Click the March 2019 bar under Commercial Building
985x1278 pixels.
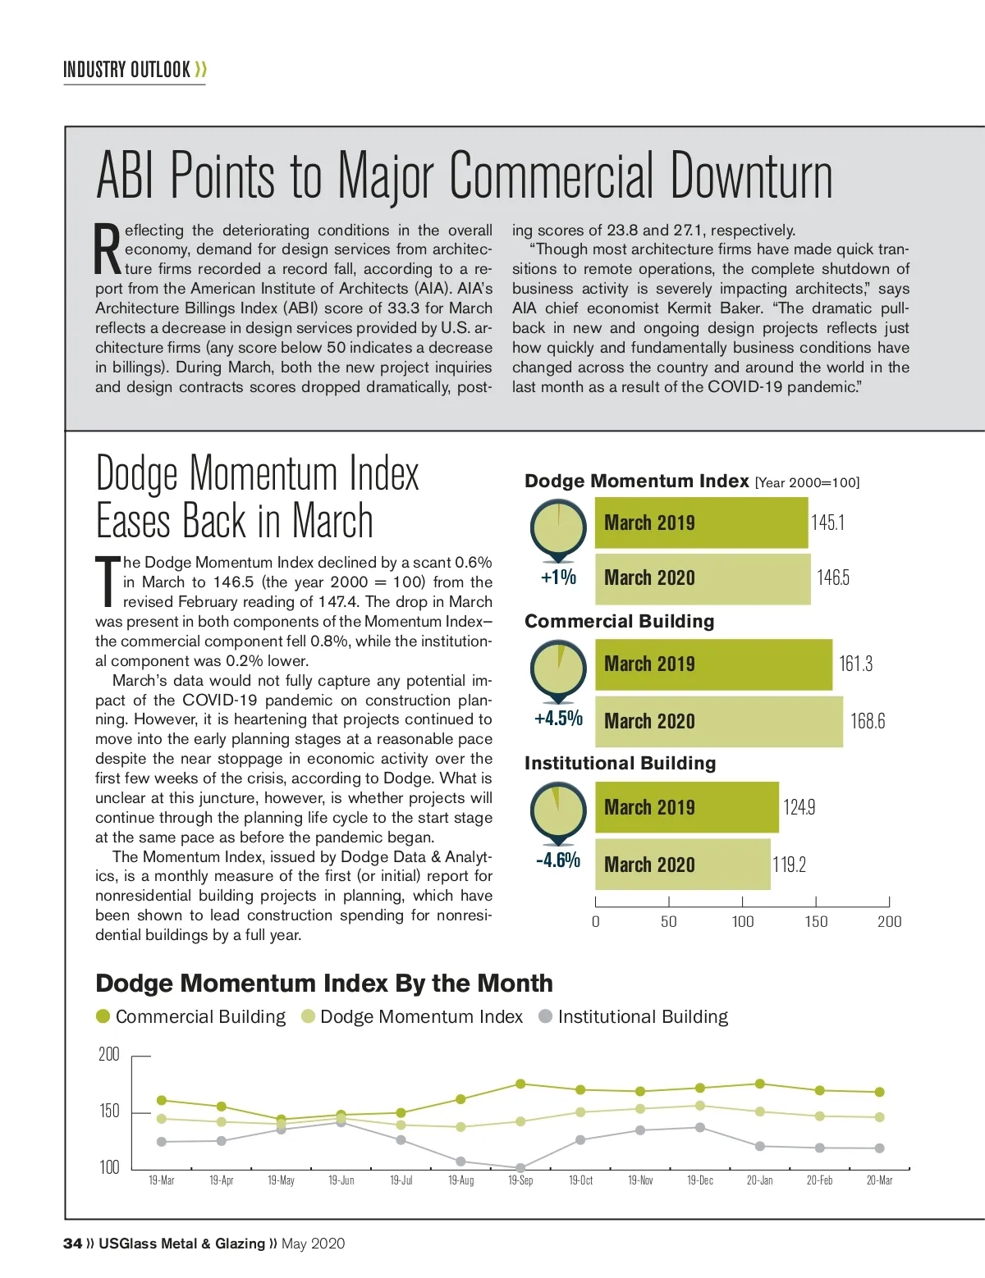712,664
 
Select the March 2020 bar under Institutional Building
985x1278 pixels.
682,865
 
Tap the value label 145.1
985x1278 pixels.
827,523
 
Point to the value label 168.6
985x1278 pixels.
868,721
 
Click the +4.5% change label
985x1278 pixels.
558,719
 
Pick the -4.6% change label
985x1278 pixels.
558,860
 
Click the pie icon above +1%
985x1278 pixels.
558,526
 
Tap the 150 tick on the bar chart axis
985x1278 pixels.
816,921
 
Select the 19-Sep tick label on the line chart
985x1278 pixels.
520,1180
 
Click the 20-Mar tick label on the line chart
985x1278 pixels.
879,1180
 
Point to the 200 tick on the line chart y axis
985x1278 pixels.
109,1054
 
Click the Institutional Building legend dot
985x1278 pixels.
545,1016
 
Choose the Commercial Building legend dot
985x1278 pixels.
103,1016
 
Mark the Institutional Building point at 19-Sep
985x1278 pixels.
520,1167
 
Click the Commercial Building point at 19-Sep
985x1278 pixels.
520,1084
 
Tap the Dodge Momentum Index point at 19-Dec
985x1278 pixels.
700,1106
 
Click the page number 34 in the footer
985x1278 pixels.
72,1244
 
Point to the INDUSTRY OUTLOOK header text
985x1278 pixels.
127,70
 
